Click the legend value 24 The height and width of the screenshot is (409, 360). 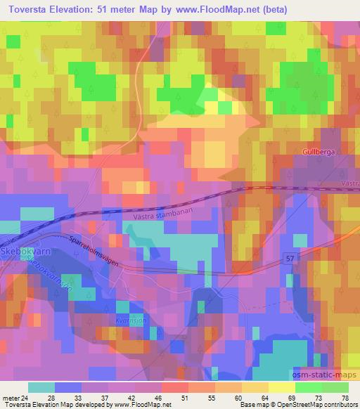[25, 398]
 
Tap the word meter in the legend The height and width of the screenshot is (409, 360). [10, 398]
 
